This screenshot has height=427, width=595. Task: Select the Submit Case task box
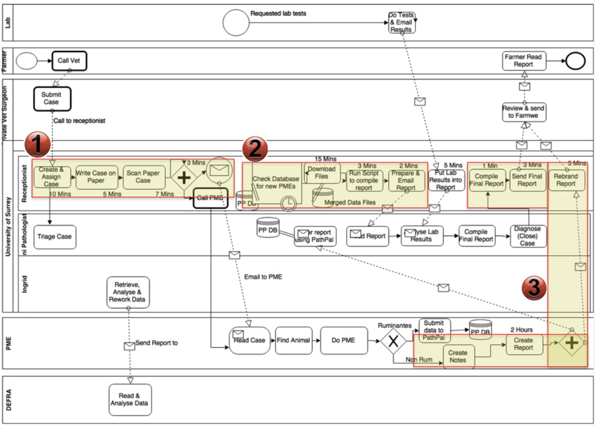(x=52, y=98)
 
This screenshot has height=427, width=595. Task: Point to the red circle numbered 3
(x=535, y=288)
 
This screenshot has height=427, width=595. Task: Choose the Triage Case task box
(x=54, y=237)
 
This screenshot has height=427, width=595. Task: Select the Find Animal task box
(x=293, y=340)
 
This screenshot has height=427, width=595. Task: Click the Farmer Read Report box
(x=523, y=61)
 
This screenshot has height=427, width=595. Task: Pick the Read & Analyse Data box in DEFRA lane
(x=130, y=399)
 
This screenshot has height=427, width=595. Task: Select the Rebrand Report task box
(x=565, y=180)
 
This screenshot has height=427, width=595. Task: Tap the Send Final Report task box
(x=527, y=180)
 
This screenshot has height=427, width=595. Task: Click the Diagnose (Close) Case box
(x=528, y=236)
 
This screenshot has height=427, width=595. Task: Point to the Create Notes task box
(x=457, y=356)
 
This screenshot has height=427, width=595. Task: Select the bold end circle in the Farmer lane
(x=576, y=61)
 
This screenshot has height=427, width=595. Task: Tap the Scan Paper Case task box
(x=143, y=177)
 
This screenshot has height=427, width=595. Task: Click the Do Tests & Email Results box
(x=401, y=23)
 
